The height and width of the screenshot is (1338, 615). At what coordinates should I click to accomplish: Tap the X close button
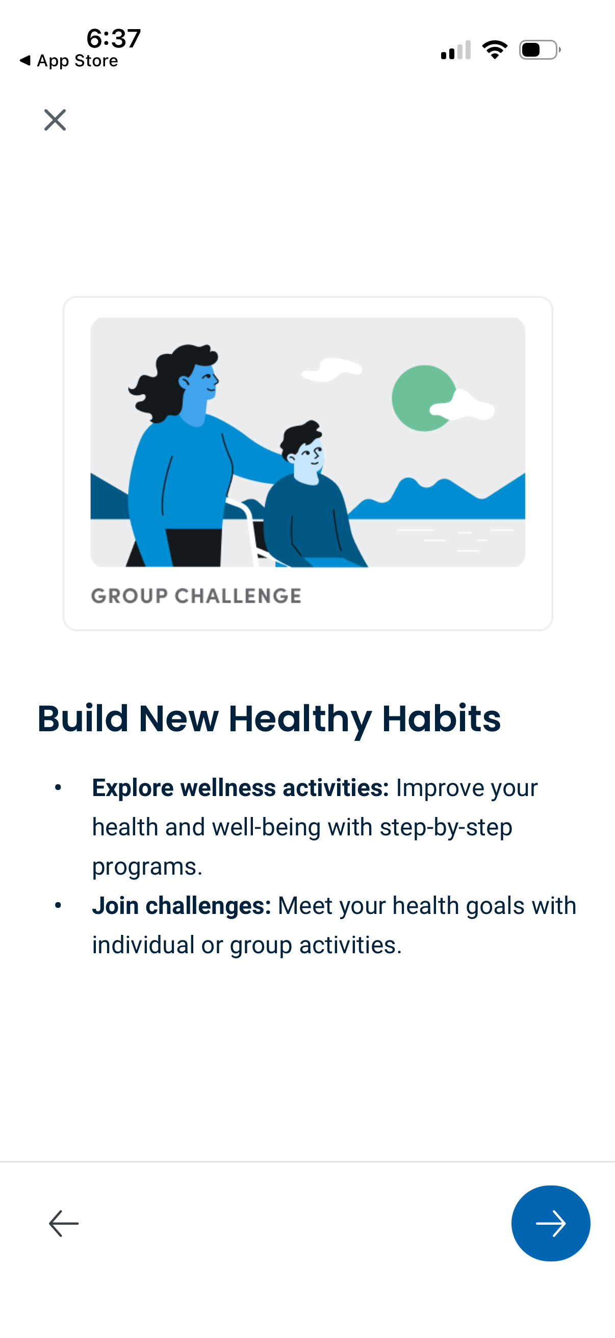pos(55,120)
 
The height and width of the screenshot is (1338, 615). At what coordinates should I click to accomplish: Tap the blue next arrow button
pos(550,1223)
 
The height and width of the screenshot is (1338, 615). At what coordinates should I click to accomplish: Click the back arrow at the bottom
pos(64,1223)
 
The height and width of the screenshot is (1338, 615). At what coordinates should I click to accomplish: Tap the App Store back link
pos(69,61)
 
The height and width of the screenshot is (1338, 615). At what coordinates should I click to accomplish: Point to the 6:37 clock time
pos(114,38)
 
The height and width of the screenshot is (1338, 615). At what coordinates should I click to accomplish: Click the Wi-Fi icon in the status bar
pos(495,50)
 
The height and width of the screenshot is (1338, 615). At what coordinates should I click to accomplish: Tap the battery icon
pos(539,50)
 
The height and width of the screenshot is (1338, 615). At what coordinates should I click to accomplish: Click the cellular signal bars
pos(456,50)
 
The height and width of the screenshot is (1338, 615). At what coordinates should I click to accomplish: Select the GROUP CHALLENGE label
pos(196,596)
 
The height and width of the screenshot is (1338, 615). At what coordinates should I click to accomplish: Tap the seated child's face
pos(310,460)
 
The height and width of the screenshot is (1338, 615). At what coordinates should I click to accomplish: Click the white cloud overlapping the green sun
pos(465,406)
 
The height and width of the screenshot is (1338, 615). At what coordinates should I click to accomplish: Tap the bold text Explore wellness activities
pos(240,788)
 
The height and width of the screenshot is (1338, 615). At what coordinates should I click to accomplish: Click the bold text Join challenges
pos(182,906)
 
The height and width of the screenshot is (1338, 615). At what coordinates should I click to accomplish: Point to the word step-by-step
pos(446,827)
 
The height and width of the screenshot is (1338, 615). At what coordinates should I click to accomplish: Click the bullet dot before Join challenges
pos(58,905)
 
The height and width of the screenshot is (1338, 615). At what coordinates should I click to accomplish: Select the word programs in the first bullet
pos(147,866)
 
